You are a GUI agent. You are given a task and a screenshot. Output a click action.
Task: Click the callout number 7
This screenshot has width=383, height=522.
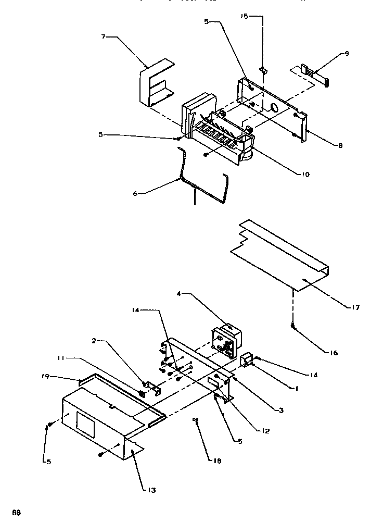point(104,38)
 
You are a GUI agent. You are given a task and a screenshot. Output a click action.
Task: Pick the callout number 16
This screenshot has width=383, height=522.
point(333,353)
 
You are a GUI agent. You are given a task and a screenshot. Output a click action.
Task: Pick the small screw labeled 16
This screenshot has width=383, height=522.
point(294,327)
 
